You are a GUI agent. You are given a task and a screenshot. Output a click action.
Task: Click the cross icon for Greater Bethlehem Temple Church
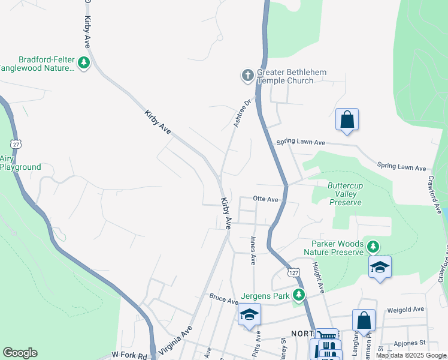pyautogui.click(x=247, y=75)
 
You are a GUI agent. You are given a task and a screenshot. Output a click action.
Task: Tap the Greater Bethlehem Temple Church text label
pyautogui.click(x=292, y=76)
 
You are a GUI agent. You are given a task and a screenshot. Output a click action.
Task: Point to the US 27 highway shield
pyautogui.click(x=16, y=144)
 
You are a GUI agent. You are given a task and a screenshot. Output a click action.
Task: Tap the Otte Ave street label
pyautogui.click(x=266, y=199)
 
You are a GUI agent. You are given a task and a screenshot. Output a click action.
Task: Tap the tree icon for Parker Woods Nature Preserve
pyautogui.click(x=373, y=246)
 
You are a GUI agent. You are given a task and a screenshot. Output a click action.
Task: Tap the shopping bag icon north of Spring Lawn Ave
pyautogui.click(x=347, y=119)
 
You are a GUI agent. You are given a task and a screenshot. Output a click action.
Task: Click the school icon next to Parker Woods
pyautogui.click(x=379, y=266)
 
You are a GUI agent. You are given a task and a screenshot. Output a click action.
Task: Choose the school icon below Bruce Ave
pyautogui.click(x=249, y=314)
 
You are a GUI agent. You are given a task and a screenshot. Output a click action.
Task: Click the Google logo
pyautogui.click(x=20, y=353)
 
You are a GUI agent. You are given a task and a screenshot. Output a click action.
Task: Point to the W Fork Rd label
pyautogui.click(x=129, y=356)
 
